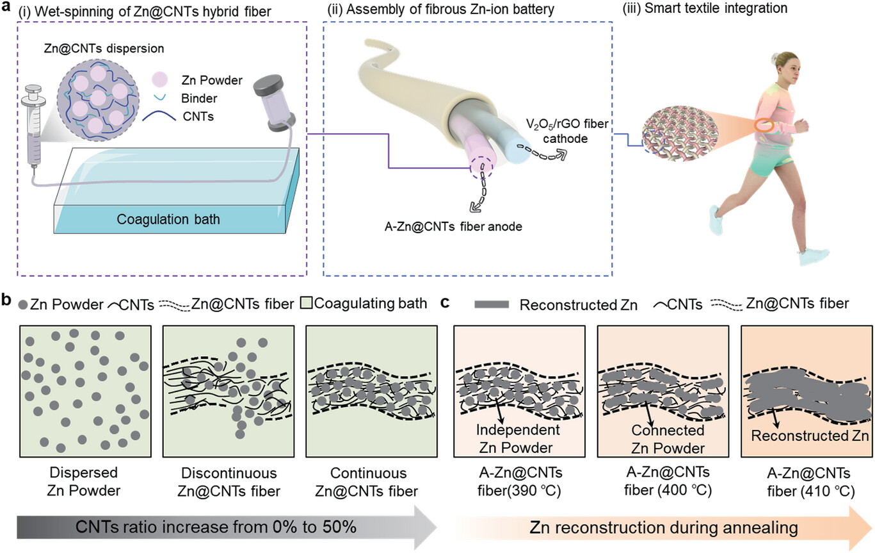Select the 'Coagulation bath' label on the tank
pos(168,219)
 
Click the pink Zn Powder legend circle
pos(159,79)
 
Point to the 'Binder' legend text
pos(199,98)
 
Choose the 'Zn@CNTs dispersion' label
pos(104,49)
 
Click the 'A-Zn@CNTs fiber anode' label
pos(453,226)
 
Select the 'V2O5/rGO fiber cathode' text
pos(566,131)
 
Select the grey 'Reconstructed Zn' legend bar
pos(492,304)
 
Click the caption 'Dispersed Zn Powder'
pos(84,481)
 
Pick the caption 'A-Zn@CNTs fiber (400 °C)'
pos(668,481)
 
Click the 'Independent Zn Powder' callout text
pos(517,439)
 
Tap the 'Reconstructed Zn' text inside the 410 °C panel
pos(809,436)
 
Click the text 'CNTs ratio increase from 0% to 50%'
pos(216,527)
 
